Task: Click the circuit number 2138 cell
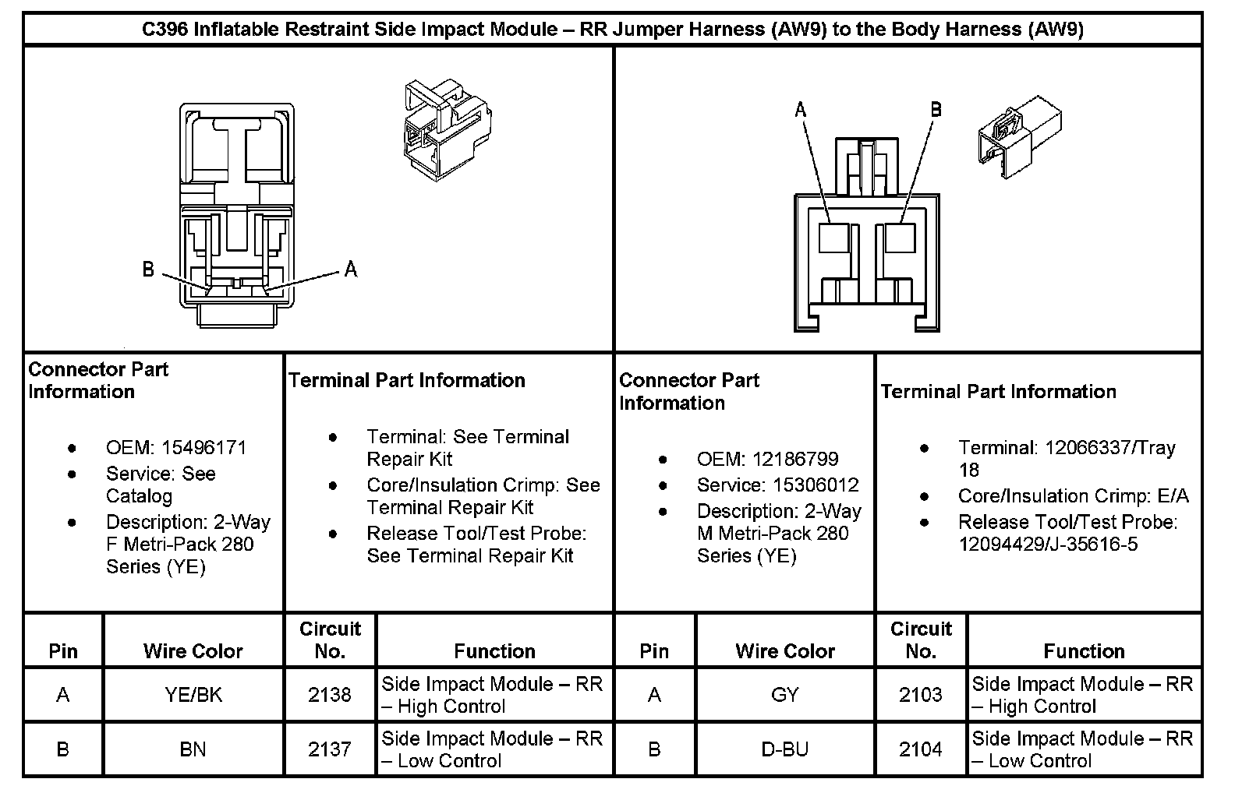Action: click(330, 694)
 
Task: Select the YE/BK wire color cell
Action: click(193, 694)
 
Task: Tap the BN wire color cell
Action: click(193, 749)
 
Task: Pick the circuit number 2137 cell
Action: click(330, 749)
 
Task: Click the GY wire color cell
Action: click(784, 694)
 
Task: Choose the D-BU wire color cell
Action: click(784, 749)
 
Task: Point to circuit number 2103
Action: click(921, 694)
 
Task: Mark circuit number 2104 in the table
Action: click(921, 749)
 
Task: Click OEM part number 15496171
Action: click(203, 448)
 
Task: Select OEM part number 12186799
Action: click(794, 459)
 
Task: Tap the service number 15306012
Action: click(816, 485)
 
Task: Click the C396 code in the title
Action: click(165, 30)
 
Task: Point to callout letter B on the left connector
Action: click(149, 270)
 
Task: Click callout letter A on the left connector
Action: click(351, 270)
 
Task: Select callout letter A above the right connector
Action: click(801, 110)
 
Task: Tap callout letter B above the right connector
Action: click(936, 110)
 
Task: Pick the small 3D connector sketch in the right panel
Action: click(1019, 136)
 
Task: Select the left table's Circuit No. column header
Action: click(330, 640)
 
